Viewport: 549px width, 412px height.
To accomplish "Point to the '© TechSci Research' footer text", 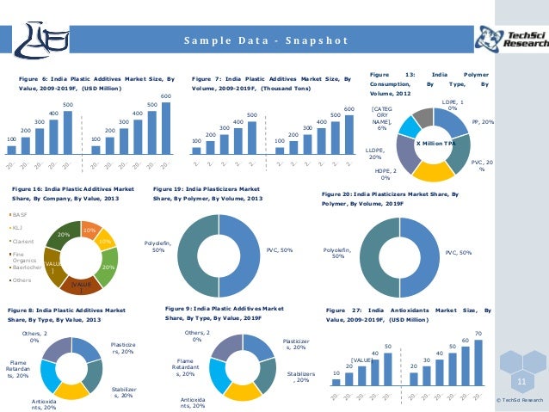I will (x=520, y=400).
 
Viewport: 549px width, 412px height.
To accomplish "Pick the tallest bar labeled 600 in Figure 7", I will (x=349, y=135).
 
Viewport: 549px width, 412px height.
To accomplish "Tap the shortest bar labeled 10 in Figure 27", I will (x=336, y=383).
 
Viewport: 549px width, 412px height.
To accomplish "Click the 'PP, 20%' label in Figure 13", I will (x=483, y=123).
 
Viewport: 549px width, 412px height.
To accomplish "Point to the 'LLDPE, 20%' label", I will (x=376, y=153).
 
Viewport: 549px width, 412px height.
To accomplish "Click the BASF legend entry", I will (x=19, y=215).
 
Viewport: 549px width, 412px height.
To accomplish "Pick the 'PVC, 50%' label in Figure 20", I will (x=458, y=253).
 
